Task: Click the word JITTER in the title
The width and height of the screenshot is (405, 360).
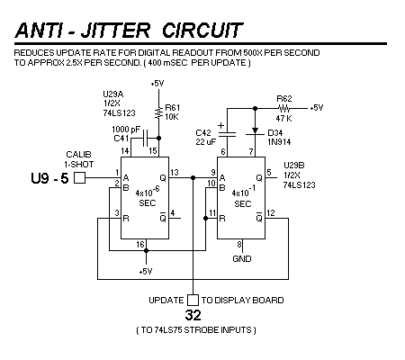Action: click(115, 31)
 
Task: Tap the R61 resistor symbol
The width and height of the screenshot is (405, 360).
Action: click(158, 112)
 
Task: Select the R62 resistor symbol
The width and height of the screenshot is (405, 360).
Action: click(283, 108)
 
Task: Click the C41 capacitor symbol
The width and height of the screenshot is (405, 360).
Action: click(146, 138)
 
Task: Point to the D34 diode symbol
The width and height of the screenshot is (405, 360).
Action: click(255, 131)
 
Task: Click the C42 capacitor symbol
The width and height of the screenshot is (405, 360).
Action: click(227, 134)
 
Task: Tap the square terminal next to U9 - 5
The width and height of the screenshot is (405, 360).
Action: click(79, 177)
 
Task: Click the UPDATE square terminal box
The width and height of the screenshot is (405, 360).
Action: click(193, 300)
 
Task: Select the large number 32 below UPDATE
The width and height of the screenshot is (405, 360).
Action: click(193, 315)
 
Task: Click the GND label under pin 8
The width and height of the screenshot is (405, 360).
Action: click(242, 258)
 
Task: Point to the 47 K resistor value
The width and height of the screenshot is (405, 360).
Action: click(283, 119)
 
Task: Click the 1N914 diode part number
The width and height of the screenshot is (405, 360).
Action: click(279, 141)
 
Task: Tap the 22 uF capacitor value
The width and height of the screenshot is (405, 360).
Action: click(205, 141)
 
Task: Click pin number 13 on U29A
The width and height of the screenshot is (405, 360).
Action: click(175, 172)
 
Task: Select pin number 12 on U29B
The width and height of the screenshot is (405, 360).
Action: click(271, 213)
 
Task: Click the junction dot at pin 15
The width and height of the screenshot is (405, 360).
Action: click(158, 138)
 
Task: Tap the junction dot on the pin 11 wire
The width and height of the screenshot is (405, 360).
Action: click(206, 218)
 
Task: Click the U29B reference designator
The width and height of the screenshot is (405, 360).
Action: click(294, 166)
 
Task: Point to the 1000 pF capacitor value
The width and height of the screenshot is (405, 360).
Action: click(126, 130)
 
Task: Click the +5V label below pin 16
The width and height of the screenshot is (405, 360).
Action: click(146, 272)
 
